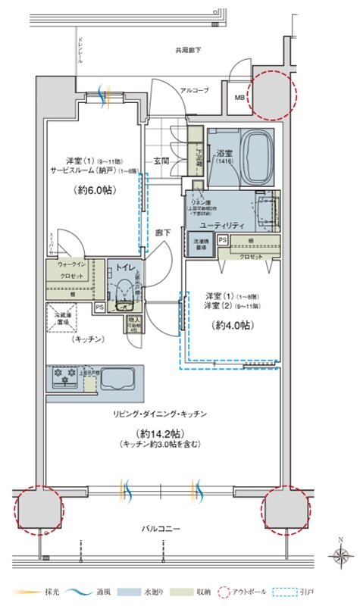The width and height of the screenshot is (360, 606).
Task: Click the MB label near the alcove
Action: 239,98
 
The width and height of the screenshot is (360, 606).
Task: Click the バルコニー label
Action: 161,528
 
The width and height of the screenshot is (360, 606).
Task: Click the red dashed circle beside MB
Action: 271,95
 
